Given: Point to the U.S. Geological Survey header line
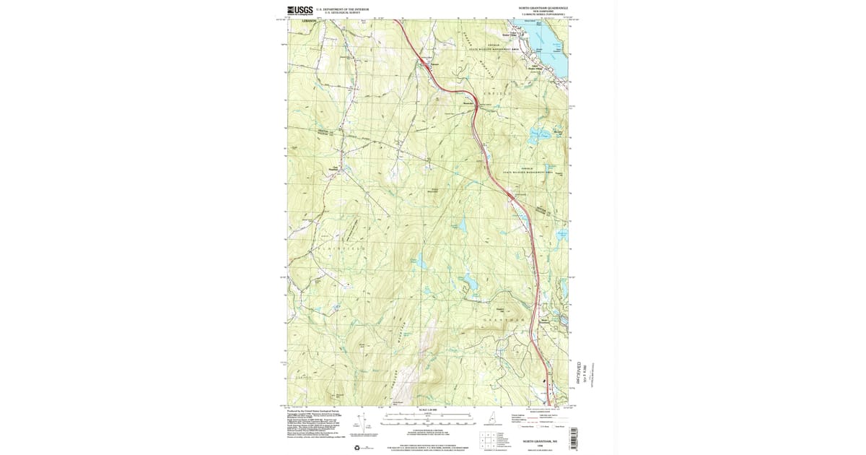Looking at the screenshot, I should pyautogui.click(x=342, y=13).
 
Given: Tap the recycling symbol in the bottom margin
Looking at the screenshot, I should pyautogui.click(x=356, y=448).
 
